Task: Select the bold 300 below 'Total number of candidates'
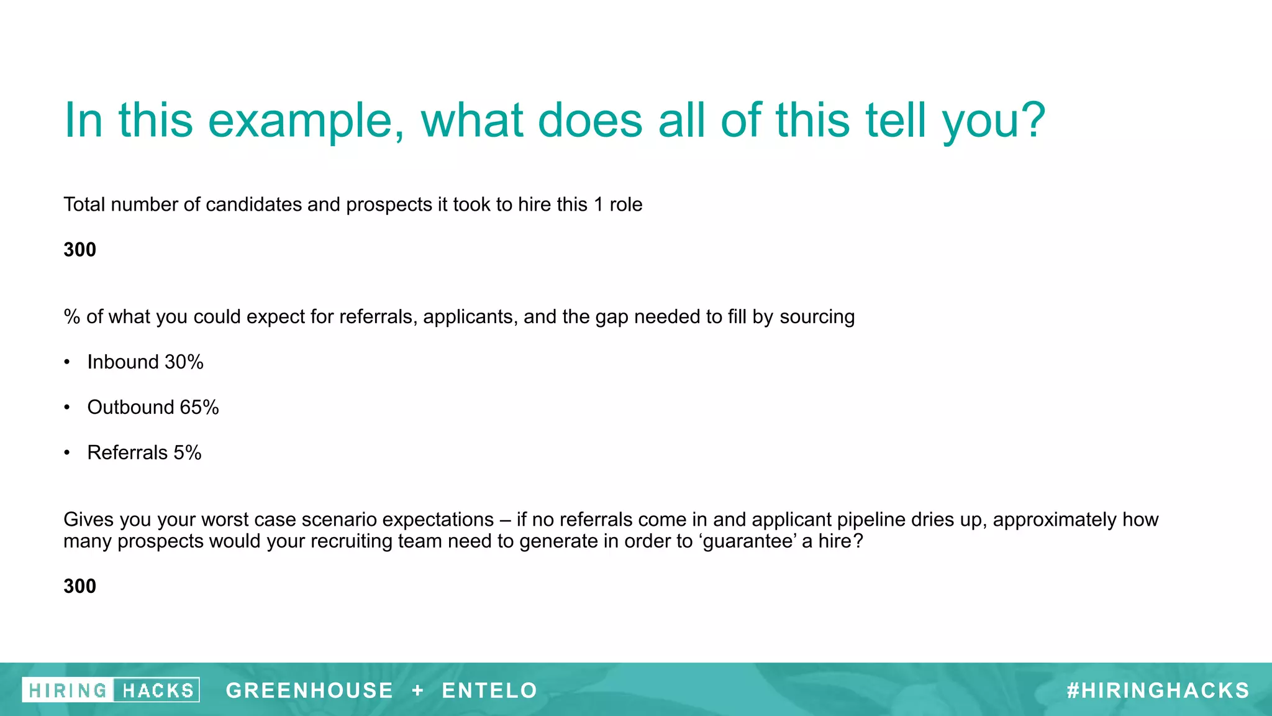point(79,250)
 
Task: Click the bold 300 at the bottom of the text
point(79,586)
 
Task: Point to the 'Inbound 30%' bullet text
point(145,362)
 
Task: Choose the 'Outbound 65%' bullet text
point(153,408)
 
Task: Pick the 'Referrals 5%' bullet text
point(144,453)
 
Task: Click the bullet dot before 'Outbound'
point(67,408)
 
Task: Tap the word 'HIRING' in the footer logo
point(68,691)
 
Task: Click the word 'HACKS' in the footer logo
point(158,691)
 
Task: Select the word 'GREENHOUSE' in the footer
point(309,691)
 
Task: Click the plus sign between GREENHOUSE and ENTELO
point(418,691)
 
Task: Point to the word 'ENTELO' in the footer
point(489,691)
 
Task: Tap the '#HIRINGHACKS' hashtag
point(1158,691)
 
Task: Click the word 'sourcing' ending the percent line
point(817,317)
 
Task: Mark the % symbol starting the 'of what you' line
point(71,317)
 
